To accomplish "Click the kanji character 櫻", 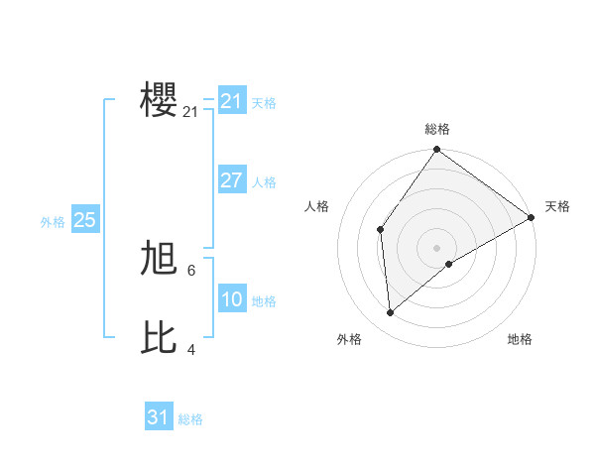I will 160,101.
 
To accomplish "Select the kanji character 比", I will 160,337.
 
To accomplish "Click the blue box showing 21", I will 231,101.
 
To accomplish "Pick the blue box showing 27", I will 231,180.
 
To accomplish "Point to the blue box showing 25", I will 84,220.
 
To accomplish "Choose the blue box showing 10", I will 231,299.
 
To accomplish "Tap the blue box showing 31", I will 158,417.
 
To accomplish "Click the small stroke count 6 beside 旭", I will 191,270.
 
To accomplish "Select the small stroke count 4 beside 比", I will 191,349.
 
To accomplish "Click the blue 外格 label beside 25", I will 53,222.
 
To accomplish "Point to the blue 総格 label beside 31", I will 190,419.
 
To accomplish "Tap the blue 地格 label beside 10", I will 264,301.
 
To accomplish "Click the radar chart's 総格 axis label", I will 437,129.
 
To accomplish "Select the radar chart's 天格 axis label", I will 557,206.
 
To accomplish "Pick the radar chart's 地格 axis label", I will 520,339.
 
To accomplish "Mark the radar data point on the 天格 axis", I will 532,218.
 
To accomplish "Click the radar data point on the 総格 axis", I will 437,150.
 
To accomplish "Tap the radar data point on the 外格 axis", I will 391,312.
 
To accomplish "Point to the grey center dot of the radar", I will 437,248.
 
